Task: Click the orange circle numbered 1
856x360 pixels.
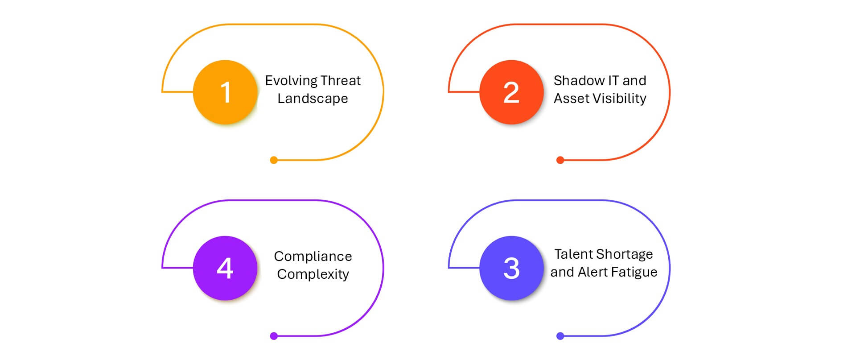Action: pyautogui.click(x=225, y=92)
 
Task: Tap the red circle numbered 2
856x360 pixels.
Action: pyautogui.click(x=511, y=92)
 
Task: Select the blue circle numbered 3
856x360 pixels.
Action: pyautogui.click(x=511, y=268)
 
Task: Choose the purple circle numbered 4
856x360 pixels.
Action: pyautogui.click(x=225, y=268)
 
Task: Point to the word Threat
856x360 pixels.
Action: pyautogui.click(x=341, y=80)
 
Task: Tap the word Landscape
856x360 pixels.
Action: pyautogui.click(x=313, y=99)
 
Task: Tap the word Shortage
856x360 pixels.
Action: pyautogui.click(x=623, y=255)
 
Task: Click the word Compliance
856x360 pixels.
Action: pyautogui.click(x=313, y=257)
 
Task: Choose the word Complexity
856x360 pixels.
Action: pyautogui.click(x=313, y=275)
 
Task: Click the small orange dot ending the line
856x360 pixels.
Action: pyautogui.click(x=274, y=160)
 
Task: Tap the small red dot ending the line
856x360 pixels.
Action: pyautogui.click(x=560, y=160)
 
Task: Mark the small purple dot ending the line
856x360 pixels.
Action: pyautogui.click(x=274, y=336)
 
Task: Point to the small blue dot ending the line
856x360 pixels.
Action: pyautogui.click(x=560, y=336)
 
